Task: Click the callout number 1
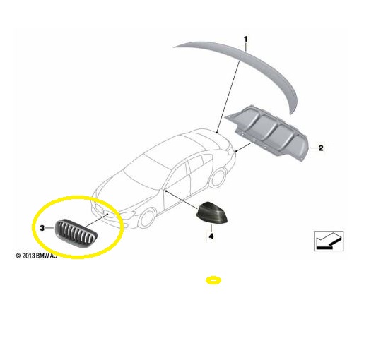tap(245, 39)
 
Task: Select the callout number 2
tap(321, 148)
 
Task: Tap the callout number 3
tap(42, 228)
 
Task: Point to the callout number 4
tap(211, 236)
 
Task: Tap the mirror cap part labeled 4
tap(211, 212)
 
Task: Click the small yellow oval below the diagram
tap(213, 280)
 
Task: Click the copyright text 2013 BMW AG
tap(37, 256)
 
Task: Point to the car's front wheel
tap(146, 218)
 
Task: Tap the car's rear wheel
tap(218, 178)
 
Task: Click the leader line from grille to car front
tap(97, 220)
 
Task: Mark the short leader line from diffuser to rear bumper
tap(243, 147)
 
